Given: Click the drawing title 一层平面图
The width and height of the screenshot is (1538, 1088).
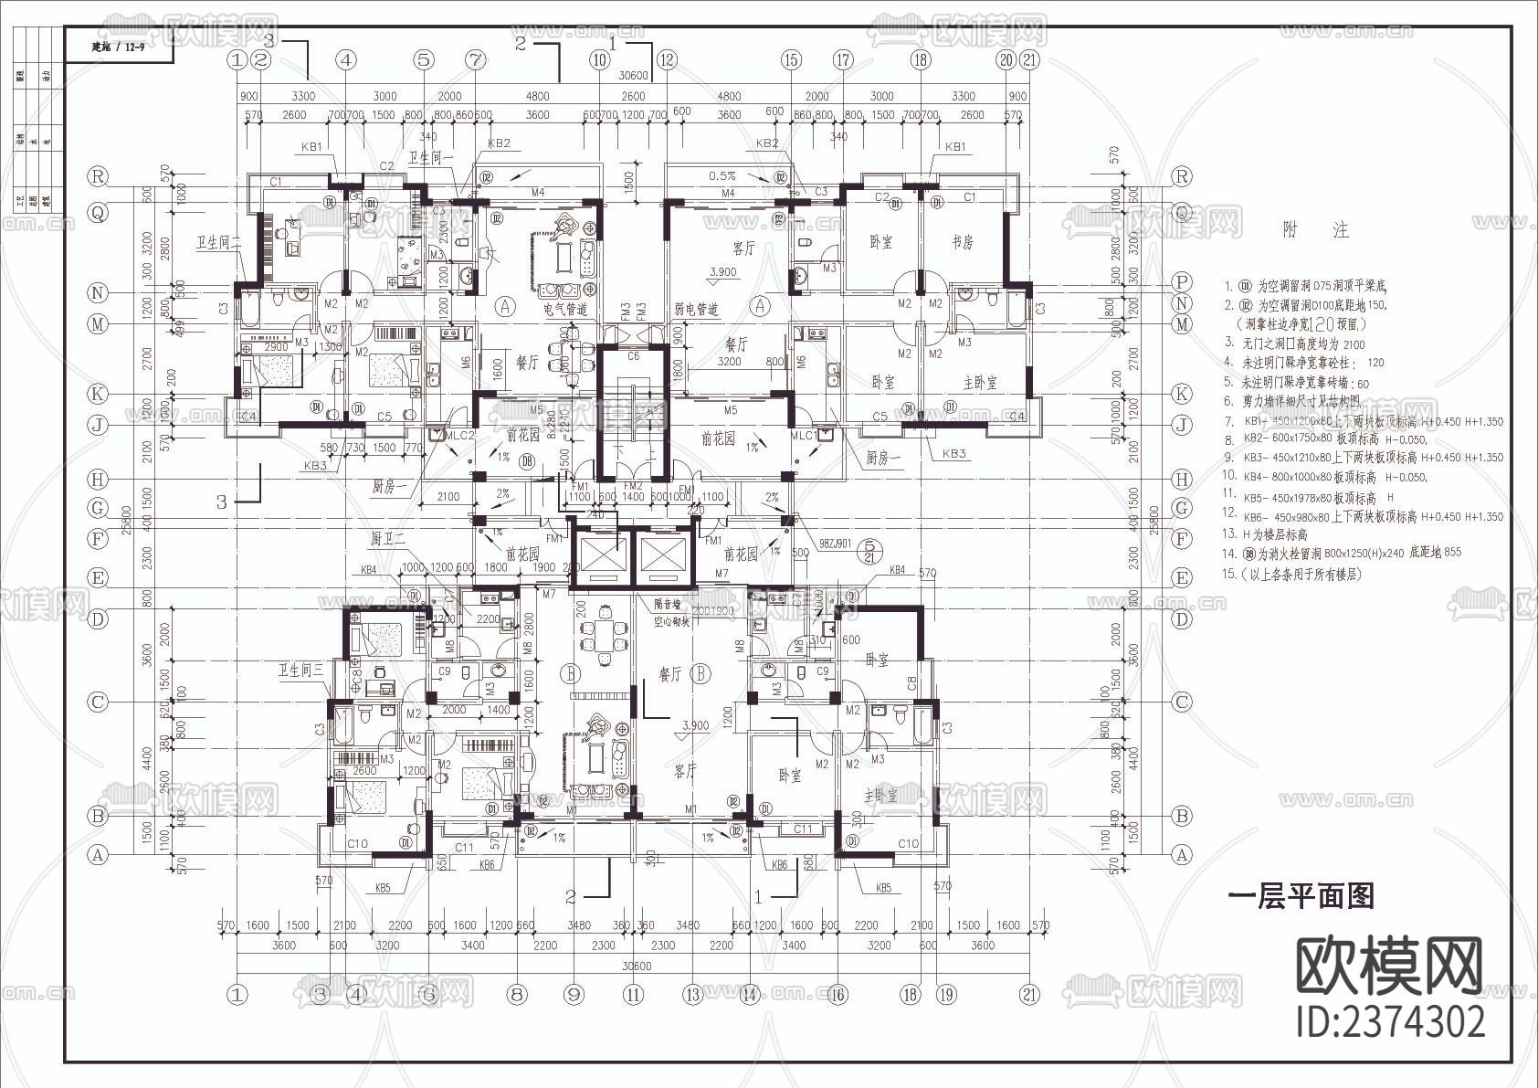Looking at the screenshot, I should (x=1301, y=896).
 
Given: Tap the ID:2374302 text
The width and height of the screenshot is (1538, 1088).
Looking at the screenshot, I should (x=1391, y=1020).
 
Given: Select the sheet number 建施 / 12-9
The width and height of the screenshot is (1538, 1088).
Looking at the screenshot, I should (x=119, y=46).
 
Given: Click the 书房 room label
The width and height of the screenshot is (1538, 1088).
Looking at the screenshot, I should (x=963, y=242).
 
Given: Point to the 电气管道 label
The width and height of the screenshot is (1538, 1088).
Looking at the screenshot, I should (x=567, y=310).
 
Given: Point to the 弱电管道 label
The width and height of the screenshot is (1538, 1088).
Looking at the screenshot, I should (x=696, y=310).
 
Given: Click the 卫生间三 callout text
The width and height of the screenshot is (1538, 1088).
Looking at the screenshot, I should (x=300, y=671).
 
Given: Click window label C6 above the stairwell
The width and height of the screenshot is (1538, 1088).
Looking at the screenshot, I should (x=634, y=355).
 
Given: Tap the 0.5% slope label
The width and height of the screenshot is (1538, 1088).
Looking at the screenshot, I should (x=722, y=175).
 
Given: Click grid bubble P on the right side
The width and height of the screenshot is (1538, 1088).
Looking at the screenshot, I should (x=1183, y=282).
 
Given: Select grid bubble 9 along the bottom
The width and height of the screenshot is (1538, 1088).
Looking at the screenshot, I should (x=574, y=994).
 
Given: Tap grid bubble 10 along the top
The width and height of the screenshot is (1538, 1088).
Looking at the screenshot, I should (x=599, y=60).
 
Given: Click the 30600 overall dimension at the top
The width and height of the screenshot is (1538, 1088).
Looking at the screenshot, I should (x=633, y=76).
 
